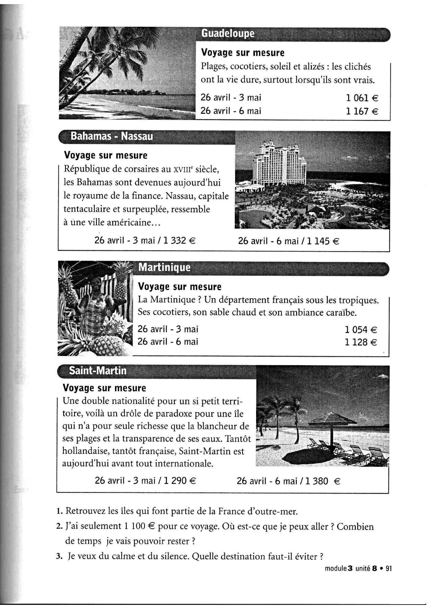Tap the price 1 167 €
coord(362,111)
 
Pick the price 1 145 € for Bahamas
coord(323,241)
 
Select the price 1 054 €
coord(361,330)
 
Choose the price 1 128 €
coord(361,342)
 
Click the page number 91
coord(389,568)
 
